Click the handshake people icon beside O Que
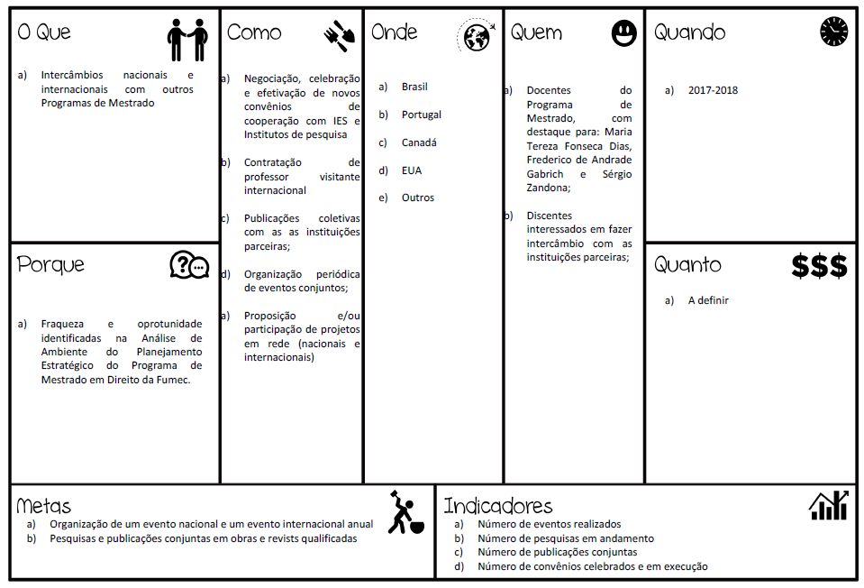point(187,40)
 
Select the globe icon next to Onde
point(476,36)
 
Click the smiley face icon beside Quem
point(623,34)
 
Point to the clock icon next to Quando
point(834,32)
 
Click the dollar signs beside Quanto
point(819,266)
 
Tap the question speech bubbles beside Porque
point(189,265)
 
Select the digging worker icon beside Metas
point(401,512)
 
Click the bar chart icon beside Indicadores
point(828,506)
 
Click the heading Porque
point(50,265)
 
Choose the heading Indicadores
point(497,506)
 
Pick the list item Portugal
point(422,115)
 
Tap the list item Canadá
point(419,142)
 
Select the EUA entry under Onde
point(412,170)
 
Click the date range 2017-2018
point(713,90)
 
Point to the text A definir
point(708,300)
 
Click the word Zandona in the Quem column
point(548,188)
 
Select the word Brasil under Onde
point(414,87)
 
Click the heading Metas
point(43,506)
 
